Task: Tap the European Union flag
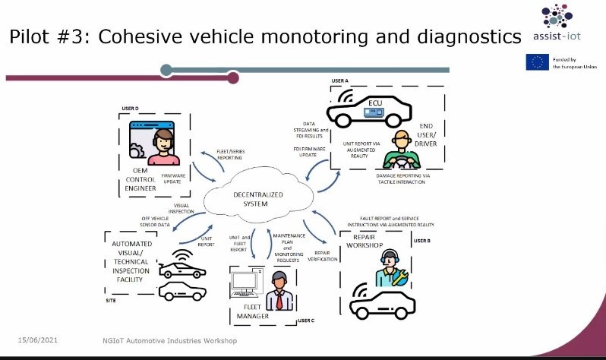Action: pos(537,63)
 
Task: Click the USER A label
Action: pos(339,80)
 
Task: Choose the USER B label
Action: pos(423,240)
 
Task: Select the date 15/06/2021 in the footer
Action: pos(38,340)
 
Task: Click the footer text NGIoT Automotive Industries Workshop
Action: pos(170,340)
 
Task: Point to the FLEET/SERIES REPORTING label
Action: pos(231,154)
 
